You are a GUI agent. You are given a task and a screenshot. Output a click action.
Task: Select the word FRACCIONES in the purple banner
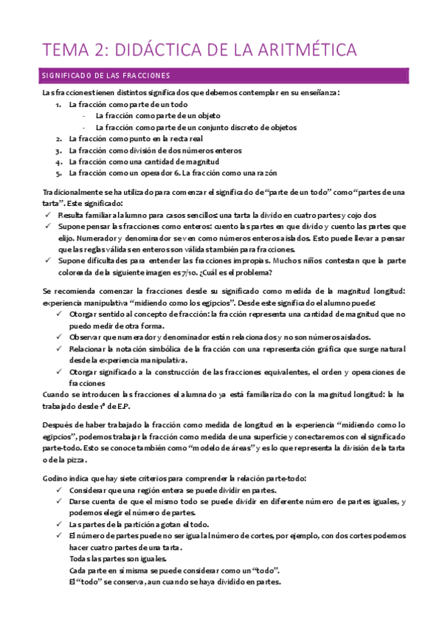[x=145, y=75]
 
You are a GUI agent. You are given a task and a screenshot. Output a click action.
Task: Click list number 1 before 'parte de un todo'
[x=58, y=105]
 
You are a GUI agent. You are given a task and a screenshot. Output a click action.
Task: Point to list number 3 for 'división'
[x=58, y=150]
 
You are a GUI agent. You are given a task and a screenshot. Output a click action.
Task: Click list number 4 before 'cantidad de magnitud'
[x=58, y=161]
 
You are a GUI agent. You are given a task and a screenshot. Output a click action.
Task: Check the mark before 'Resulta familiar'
[x=47, y=214]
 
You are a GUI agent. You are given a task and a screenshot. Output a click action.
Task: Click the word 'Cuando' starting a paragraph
[x=58, y=394]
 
